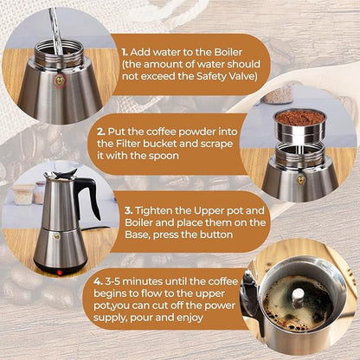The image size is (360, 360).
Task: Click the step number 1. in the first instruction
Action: (125, 51)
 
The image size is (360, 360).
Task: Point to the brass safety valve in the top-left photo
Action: (60, 80)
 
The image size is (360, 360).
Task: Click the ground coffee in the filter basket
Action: (299, 116)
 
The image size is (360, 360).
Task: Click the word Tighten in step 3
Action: (156, 209)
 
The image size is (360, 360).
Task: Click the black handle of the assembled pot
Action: (87, 197)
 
